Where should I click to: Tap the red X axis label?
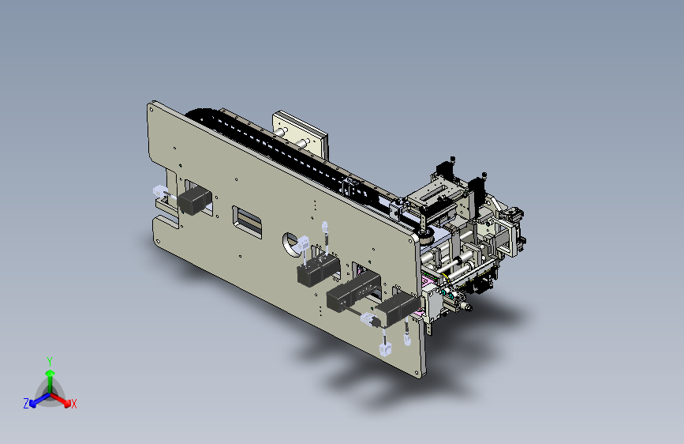point(74,404)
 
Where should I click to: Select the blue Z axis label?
point(25,404)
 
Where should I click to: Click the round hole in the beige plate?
point(293,241)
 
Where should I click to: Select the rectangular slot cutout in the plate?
point(248,220)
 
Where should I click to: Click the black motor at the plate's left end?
point(194,201)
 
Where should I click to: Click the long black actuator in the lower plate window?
point(353,292)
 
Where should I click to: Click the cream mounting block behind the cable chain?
point(300,134)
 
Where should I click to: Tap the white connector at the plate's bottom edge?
point(385,348)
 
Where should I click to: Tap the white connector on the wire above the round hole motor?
point(326,227)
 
